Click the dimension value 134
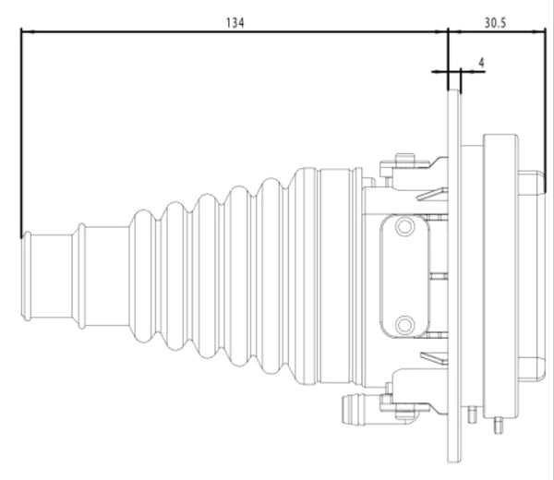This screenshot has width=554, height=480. tap(235, 23)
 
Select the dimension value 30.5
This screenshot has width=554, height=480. tap(495, 23)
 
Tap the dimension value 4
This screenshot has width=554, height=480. tap(482, 63)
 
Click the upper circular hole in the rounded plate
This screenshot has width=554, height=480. tap(405, 226)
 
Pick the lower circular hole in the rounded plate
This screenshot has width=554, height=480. tap(405, 324)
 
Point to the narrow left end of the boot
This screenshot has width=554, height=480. tap(27, 276)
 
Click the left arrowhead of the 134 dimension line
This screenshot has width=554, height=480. tap(28, 31)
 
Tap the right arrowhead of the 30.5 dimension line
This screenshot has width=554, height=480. tap(539, 31)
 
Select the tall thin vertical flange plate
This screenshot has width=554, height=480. tap(454, 275)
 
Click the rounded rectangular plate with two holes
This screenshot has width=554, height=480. tap(405, 275)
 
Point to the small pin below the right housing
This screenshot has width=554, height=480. tap(499, 425)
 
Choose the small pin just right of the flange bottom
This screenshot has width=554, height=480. tap(472, 414)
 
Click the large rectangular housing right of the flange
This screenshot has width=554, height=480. tap(500, 275)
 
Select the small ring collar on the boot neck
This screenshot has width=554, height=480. tap(81, 276)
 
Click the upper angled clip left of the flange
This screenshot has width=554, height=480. tap(432, 194)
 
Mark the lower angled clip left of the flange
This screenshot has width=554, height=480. tap(434, 358)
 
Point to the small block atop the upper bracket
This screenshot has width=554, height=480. tap(405, 157)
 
